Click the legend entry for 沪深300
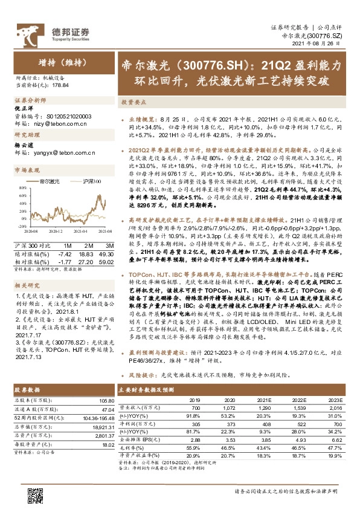pos(88,181)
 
